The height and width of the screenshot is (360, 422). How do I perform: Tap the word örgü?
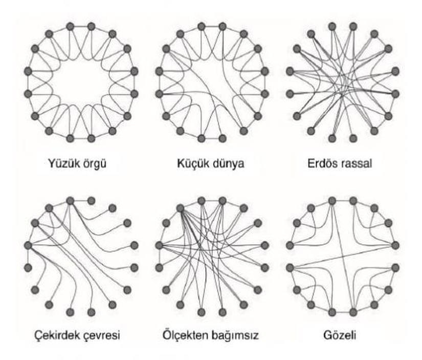(92, 164)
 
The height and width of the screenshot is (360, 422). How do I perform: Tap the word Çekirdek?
(56, 335)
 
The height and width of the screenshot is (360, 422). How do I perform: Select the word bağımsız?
(235, 336)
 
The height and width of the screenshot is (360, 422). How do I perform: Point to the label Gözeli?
(340, 335)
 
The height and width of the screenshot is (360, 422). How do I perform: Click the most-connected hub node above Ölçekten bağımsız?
(181, 208)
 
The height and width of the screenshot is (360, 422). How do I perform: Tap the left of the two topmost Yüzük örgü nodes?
(70, 27)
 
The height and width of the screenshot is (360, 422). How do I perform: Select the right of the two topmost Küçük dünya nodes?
(223, 27)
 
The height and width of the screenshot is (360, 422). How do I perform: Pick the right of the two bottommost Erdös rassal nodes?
(353, 138)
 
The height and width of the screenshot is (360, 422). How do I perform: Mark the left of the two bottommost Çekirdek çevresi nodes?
(70, 312)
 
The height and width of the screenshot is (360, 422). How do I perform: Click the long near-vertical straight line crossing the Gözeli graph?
(343, 257)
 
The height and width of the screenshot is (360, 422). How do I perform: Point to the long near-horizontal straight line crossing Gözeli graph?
(342, 257)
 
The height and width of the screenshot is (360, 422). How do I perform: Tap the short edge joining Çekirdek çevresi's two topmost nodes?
(81, 201)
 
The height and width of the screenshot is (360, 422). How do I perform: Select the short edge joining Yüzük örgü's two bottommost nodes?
(81, 138)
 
